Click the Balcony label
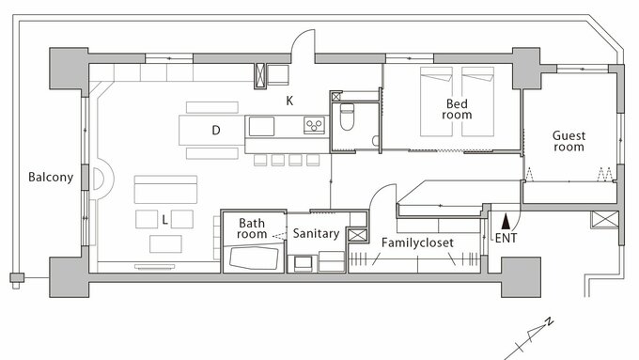point(51,178)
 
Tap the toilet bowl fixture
point(347,117)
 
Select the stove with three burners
point(314,125)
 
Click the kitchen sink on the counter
point(261,126)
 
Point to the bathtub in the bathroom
point(254,258)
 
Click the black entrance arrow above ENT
point(506,222)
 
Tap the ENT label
point(506,238)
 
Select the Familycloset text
point(417,243)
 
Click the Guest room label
point(569,141)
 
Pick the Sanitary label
point(316,234)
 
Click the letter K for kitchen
point(289,101)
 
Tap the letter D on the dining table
point(216,130)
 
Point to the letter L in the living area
point(164,220)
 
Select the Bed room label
point(457,109)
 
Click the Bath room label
point(252,228)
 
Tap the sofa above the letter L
point(165,189)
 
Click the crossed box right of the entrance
point(605,219)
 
